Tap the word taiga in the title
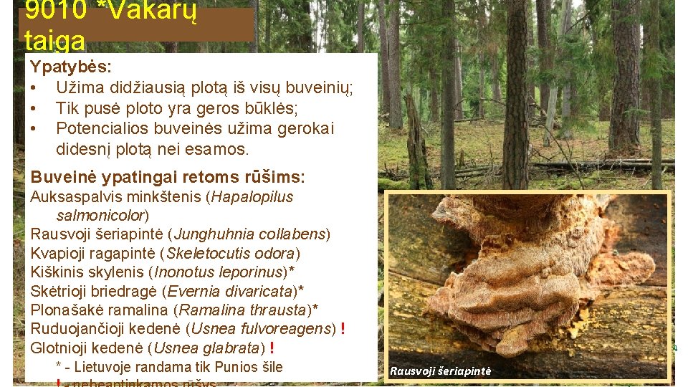click(x=54, y=39)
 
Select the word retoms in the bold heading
click(x=199, y=177)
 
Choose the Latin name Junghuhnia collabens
click(x=250, y=234)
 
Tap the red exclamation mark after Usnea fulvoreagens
click(x=343, y=329)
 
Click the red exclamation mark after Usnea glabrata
click(x=272, y=348)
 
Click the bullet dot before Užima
click(x=34, y=88)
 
